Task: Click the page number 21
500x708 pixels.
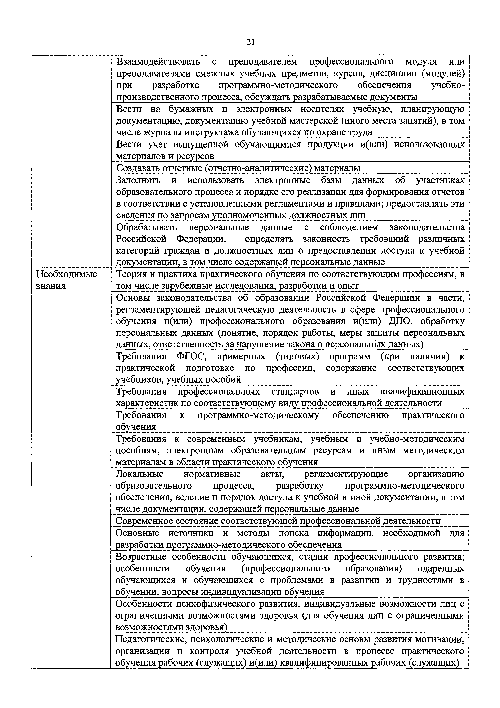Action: pyautogui.click(x=250, y=42)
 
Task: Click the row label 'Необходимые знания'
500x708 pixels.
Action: pyautogui.click(x=67, y=280)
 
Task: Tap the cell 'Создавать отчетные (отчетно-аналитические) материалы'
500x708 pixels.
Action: pyautogui.click(x=238, y=168)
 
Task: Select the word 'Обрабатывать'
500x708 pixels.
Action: pyautogui.click(x=147, y=227)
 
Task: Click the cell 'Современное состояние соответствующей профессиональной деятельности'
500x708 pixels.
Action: pyautogui.click(x=278, y=521)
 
